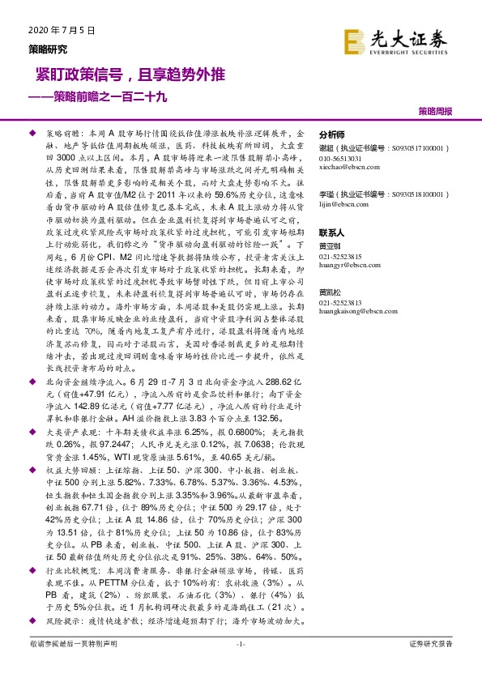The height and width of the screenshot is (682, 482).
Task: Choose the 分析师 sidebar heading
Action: [x=332, y=135]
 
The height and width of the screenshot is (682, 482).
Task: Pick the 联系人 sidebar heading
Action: [x=332, y=231]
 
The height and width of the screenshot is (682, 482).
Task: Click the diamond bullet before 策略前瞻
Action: [x=32, y=130]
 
